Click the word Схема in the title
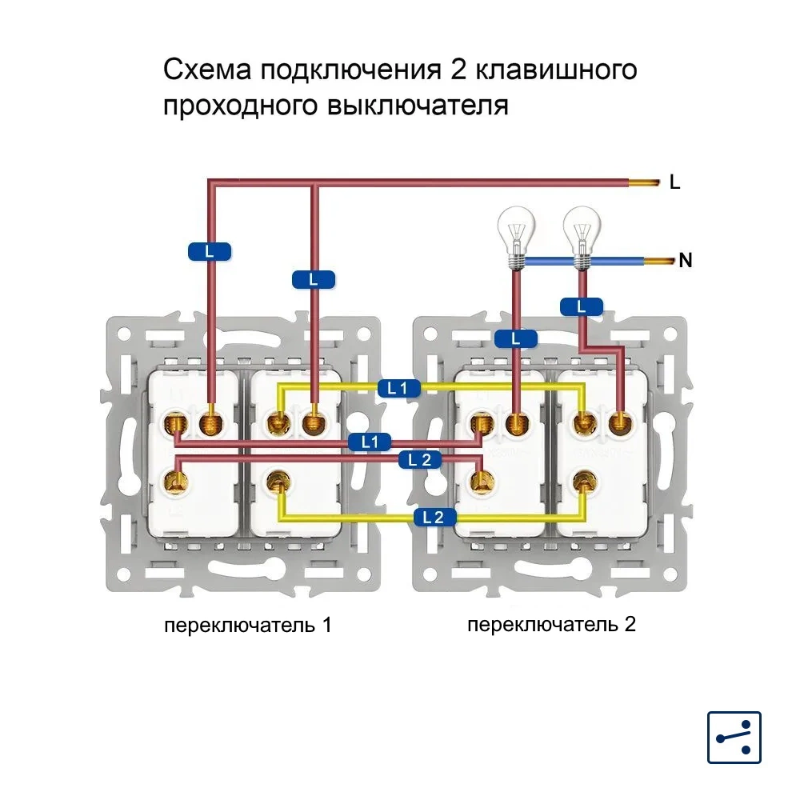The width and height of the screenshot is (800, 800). pos(207,70)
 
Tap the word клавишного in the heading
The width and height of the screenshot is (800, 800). pos(556,71)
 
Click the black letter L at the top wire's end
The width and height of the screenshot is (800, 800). pos(674,183)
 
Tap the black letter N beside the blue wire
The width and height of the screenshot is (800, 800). pos(685,260)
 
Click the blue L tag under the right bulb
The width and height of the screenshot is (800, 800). pos(582,306)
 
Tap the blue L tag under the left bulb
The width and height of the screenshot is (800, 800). pos(515,338)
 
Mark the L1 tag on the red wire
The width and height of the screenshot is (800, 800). pos(369,441)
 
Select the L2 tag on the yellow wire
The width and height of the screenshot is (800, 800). pos(433,517)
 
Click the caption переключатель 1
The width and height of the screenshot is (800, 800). pos(247,625)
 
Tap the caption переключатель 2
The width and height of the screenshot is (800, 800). pos(551,624)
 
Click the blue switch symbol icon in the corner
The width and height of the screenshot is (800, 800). pos(734,737)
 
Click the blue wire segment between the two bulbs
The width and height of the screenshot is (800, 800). pos(549,260)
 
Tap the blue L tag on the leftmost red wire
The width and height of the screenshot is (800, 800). pos(210,251)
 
